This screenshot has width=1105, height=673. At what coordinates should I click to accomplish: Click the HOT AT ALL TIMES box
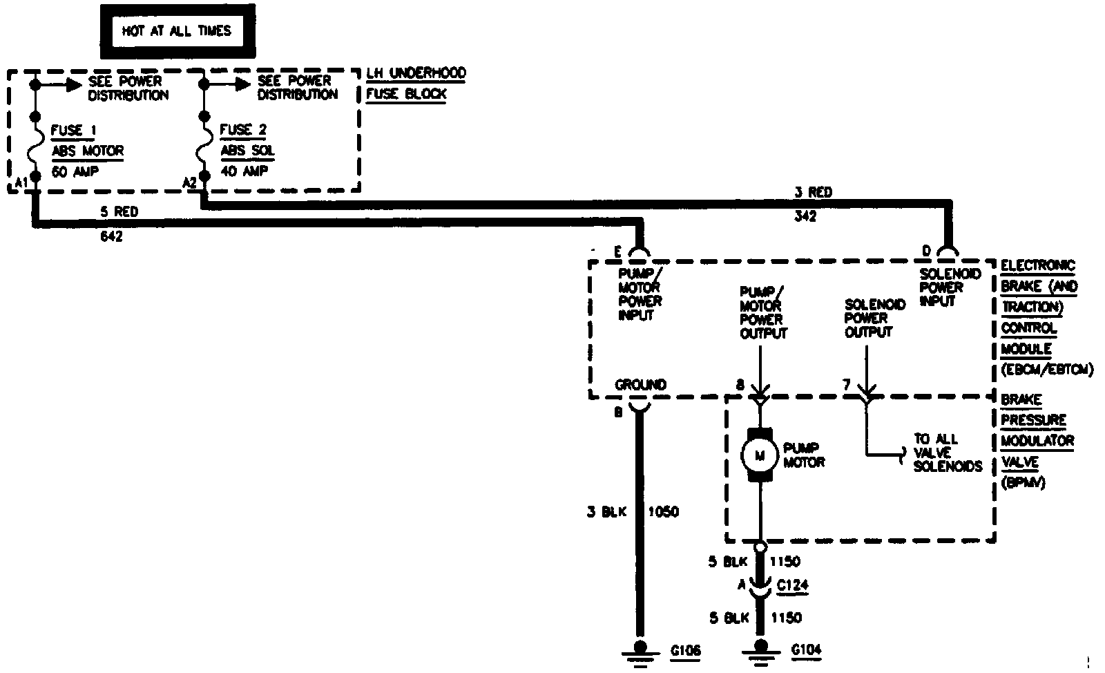177,32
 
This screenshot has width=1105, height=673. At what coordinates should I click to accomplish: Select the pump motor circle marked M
760,455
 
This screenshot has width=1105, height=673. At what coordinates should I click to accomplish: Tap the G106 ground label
686,650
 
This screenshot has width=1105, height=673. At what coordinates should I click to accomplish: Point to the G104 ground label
806,650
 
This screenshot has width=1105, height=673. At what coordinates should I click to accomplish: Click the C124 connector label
792,586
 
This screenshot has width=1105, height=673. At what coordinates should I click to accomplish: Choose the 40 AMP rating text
244,171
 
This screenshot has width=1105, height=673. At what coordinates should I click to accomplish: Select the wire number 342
805,216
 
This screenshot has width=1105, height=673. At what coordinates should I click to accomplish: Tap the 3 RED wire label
813,193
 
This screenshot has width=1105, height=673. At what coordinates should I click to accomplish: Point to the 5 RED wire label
119,212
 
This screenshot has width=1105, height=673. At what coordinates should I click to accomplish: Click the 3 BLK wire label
606,512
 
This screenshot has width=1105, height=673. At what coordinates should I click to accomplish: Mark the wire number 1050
662,512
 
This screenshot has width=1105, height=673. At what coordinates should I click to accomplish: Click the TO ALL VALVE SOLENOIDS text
947,453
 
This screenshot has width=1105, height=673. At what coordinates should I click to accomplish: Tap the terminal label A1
21,182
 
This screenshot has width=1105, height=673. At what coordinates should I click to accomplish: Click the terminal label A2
190,182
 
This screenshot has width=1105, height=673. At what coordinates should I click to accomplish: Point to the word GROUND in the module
640,385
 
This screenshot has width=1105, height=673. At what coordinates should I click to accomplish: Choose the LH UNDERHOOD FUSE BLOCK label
415,84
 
